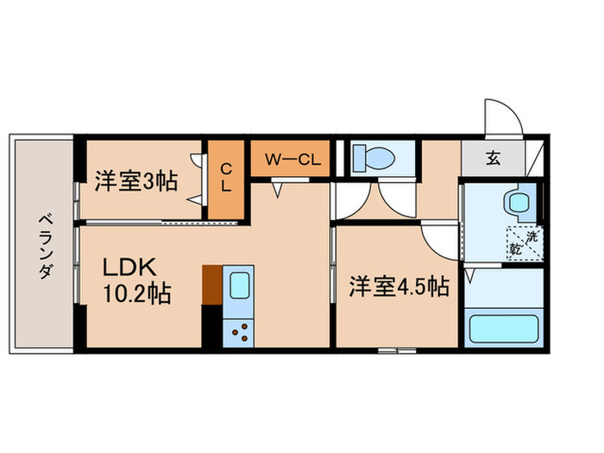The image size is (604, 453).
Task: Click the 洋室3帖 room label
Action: (135, 181)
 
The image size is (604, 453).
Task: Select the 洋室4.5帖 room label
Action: (399, 286)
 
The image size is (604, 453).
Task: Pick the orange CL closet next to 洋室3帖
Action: (226, 178)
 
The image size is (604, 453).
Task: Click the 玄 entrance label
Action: (492, 159)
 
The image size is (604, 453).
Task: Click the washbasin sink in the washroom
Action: (519, 204)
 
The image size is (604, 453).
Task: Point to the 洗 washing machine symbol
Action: (533, 235)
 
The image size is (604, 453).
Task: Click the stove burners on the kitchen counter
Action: (237, 331)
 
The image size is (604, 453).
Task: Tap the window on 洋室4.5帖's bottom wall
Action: (397, 350)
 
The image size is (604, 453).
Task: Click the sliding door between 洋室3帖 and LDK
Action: (160, 223)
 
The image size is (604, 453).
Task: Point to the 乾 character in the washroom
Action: (515, 249)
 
